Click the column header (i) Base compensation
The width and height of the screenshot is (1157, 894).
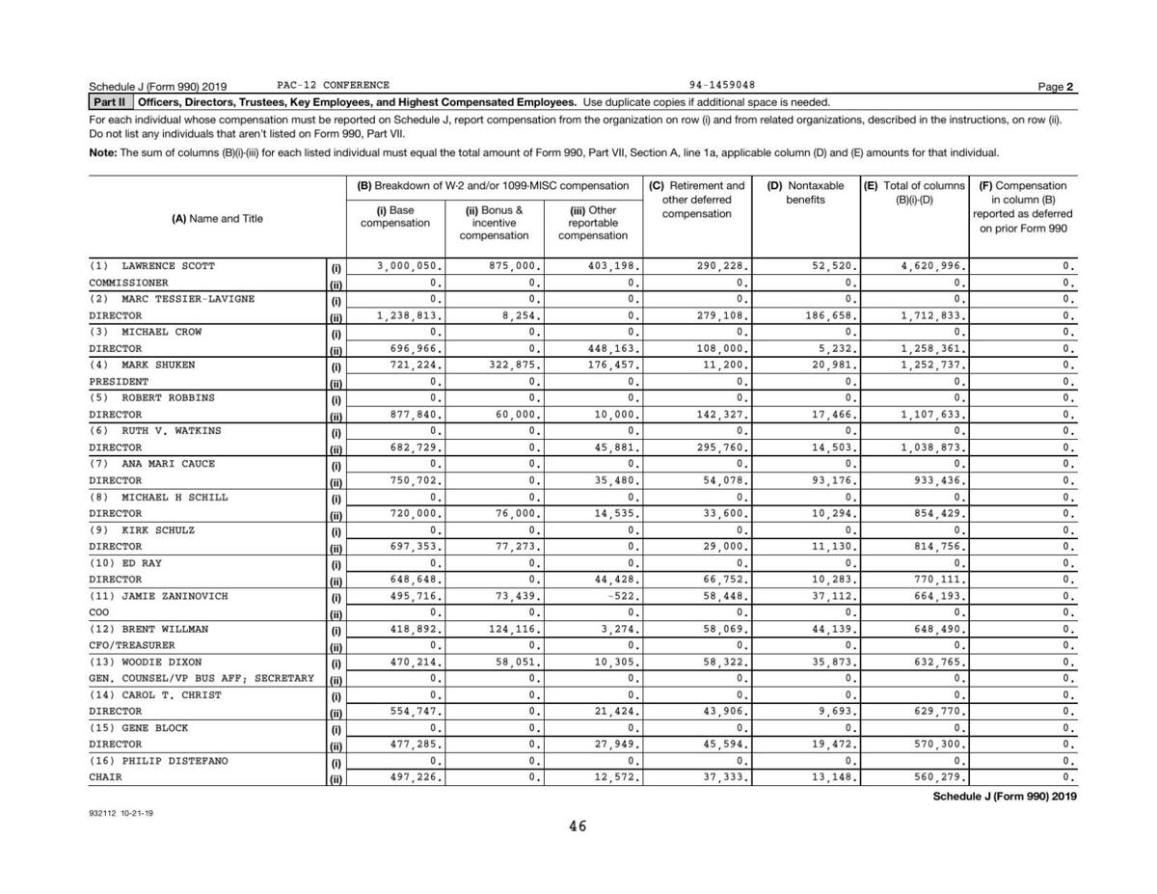coord(395,217)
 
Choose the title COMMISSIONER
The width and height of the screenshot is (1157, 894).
coord(128,283)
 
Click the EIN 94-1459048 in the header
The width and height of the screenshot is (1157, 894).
coord(722,85)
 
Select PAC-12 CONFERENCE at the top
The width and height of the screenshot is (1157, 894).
coord(333,85)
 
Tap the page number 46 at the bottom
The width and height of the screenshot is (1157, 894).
coord(578,826)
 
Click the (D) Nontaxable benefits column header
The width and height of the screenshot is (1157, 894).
coord(805,192)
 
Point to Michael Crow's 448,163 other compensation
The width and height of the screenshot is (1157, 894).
coord(609,348)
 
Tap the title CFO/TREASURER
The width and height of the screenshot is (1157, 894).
coord(132,645)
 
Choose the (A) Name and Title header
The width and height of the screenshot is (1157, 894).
coord(217,219)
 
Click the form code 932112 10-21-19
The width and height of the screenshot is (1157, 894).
coord(121,813)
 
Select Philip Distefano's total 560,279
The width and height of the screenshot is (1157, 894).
coord(938,777)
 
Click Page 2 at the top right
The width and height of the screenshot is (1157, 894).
coord(1057,87)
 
